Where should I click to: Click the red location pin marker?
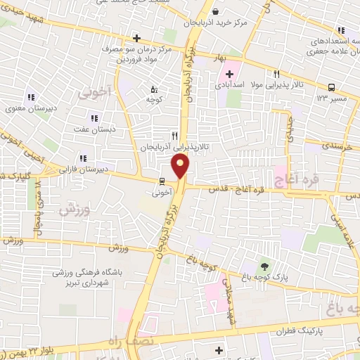tap(181, 167)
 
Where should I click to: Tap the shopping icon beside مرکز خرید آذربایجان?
tap(217, 11)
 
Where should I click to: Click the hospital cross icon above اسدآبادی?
tap(230, 74)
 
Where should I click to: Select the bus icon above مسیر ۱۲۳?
tap(331, 88)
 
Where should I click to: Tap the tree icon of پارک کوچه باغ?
tap(264, 266)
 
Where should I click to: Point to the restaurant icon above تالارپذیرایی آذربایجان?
tap(174, 136)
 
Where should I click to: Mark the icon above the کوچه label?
tap(155, 89)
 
